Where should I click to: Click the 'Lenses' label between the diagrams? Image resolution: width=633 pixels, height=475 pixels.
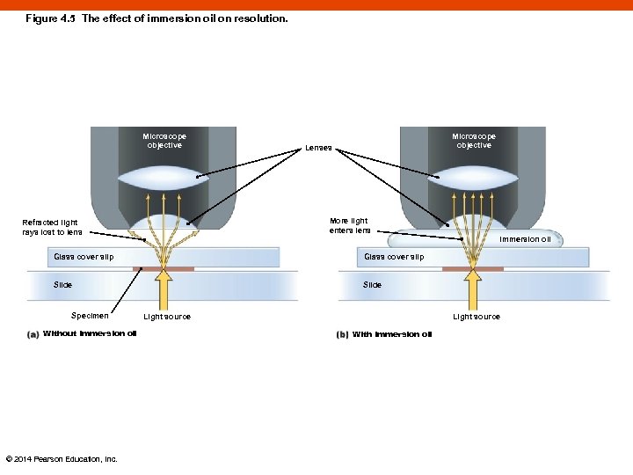(318, 148)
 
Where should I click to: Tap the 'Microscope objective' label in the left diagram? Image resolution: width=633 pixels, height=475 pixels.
(164, 141)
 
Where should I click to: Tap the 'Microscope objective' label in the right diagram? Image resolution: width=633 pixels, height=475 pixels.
(474, 141)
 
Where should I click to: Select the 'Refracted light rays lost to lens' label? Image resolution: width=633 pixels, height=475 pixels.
(53, 227)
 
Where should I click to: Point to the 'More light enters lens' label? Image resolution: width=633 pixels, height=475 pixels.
(349, 225)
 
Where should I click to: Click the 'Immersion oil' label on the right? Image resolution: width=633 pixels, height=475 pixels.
(525, 238)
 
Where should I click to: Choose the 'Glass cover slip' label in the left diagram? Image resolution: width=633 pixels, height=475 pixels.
(84, 257)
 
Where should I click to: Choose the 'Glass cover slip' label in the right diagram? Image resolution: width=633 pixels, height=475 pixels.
(394, 257)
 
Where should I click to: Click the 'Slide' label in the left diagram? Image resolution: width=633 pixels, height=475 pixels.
(62, 285)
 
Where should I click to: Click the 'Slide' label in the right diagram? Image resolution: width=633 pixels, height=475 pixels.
(372, 285)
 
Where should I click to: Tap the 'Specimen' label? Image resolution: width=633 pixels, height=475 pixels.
(90, 315)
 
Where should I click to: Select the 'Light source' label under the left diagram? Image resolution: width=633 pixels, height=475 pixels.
(166, 317)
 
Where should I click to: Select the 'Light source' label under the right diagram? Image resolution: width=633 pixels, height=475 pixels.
(476, 317)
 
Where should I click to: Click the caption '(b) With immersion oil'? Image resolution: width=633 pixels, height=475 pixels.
(384, 334)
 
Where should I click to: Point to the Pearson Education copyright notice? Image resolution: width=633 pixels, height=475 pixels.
(62, 458)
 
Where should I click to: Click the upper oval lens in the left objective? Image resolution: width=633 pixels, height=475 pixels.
(164, 178)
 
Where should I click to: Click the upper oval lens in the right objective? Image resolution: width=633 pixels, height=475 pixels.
(474, 178)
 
